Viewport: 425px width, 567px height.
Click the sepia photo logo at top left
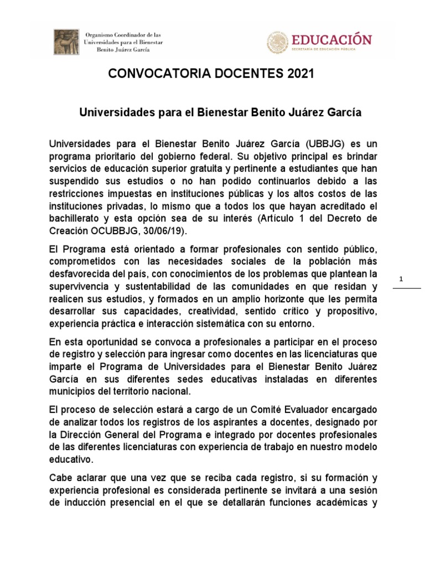[x=66, y=42]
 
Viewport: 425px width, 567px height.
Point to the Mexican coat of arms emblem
[x=278, y=43]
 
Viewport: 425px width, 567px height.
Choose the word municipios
[x=72, y=391]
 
